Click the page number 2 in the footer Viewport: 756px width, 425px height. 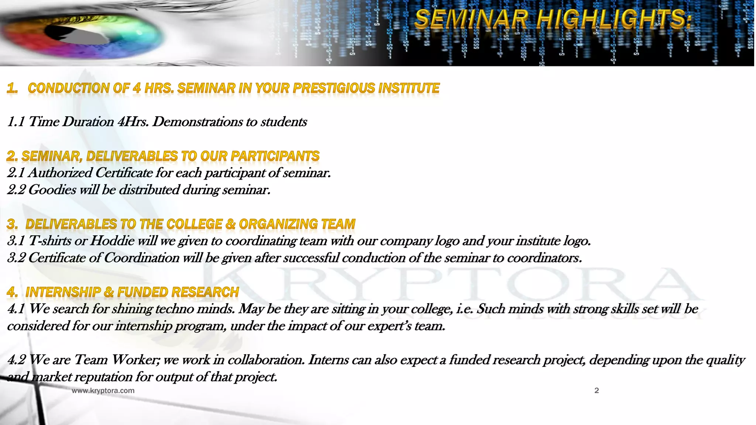click(597, 390)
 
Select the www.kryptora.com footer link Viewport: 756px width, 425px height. click(103, 390)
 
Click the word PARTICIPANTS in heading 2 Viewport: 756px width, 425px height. click(275, 156)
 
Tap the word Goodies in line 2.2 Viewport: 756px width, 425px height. click(52, 190)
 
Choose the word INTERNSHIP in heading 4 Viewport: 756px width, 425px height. click(63, 292)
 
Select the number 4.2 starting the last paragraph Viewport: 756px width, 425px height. click(16, 360)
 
